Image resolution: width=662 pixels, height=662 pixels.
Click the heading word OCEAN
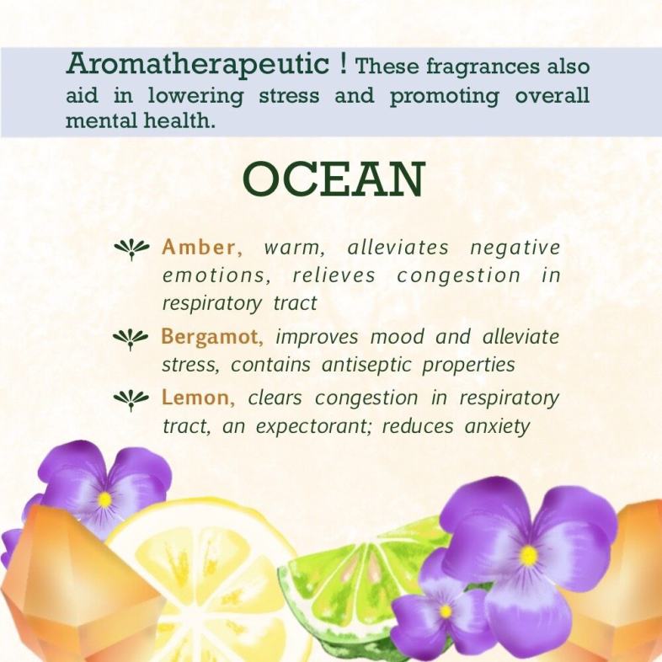click(334, 179)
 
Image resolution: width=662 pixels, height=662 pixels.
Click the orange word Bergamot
click(212, 338)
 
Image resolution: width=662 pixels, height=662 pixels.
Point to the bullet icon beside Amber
click(131, 249)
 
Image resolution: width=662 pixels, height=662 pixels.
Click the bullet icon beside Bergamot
click(131, 339)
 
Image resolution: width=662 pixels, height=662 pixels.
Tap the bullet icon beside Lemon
click(131, 400)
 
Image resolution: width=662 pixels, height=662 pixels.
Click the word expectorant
click(312, 427)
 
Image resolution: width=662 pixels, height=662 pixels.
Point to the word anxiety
click(497, 427)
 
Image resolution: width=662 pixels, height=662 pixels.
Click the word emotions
click(216, 276)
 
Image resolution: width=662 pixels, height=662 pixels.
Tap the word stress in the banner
click(289, 95)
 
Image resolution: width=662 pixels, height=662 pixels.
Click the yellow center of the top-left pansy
click(104, 500)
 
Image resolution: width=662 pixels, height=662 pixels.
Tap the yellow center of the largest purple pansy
click(528, 555)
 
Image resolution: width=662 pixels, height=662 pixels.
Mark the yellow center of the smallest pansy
click(446, 611)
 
